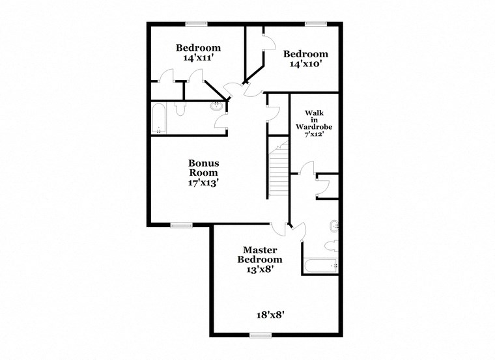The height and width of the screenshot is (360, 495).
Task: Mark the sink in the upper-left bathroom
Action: coord(217,107)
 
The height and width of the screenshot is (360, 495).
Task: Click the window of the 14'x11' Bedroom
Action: coord(196,24)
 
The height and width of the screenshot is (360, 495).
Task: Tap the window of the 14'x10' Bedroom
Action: coord(316,24)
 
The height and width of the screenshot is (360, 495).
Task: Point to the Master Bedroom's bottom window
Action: coord(261,335)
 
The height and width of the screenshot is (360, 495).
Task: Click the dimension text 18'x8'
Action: coord(270,314)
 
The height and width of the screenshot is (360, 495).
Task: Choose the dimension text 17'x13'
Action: coord(203,183)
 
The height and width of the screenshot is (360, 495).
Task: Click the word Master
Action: coord(261,249)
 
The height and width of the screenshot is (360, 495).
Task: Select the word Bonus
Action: coord(204,163)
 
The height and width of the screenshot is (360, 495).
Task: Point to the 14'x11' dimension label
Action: coord(199,58)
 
